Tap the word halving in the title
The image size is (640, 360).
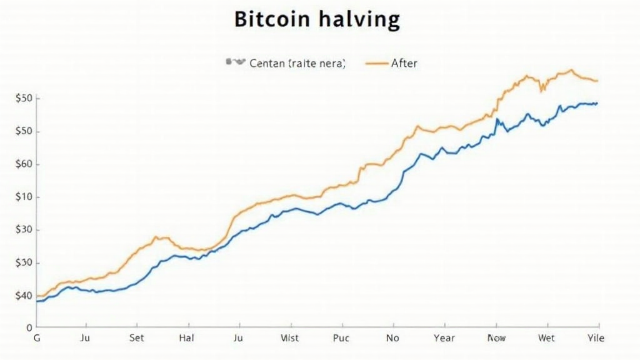click(x=358, y=20)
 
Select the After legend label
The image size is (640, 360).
click(x=404, y=63)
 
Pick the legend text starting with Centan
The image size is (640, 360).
click(x=297, y=63)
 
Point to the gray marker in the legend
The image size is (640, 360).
click(x=234, y=62)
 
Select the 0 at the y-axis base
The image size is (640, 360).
click(x=29, y=327)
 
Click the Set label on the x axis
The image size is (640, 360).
click(x=136, y=338)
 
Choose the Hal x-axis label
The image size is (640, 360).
click(x=187, y=338)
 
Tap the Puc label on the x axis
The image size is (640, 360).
click(x=341, y=338)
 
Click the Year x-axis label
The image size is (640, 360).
click(x=444, y=338)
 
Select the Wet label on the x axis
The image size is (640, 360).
click(x=546, y=338)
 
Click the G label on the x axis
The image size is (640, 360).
click(x=36, y=338)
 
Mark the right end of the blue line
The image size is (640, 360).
click(x=597, y=103)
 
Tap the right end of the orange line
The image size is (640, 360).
click(x=597, y=81)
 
